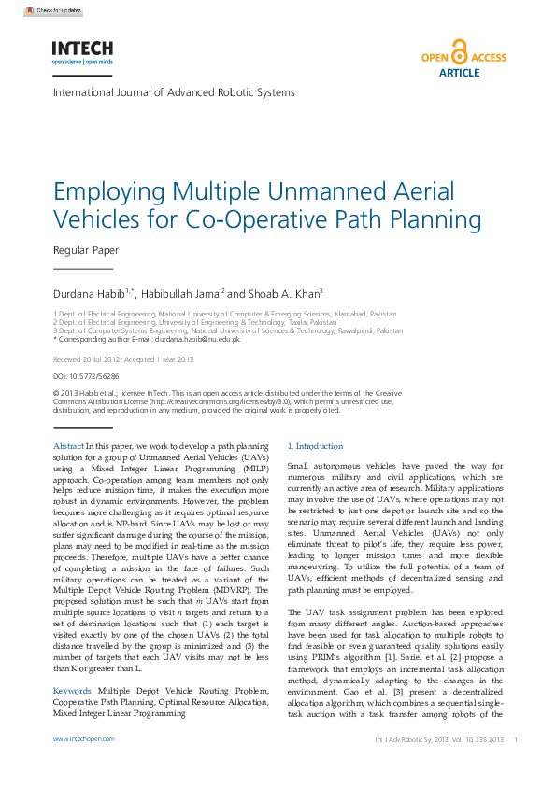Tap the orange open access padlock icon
(x=459, y=51)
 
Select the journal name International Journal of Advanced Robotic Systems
(x=174, y=92)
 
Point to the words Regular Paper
(x=86, y=250)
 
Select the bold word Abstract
(x=69, y=447)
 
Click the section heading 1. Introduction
(x=315, y=447)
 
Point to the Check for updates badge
(x=53, y=10)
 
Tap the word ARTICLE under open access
(x=459, y=72)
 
